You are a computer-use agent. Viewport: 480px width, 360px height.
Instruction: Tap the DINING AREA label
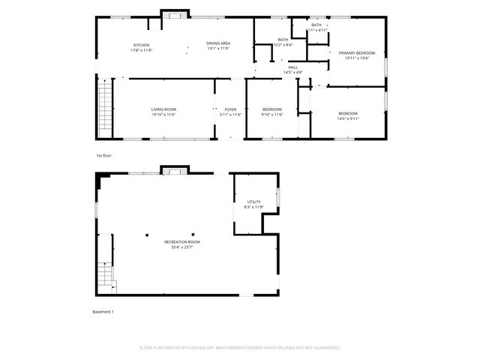218,43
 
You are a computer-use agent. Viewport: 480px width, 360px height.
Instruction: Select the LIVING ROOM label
163,109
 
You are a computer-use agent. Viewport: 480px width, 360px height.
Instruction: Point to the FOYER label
230,109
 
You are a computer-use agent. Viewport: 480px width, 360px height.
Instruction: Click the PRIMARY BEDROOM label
356,52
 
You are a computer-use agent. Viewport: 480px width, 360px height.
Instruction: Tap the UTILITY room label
254,202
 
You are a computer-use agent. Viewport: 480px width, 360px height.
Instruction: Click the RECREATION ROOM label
182,241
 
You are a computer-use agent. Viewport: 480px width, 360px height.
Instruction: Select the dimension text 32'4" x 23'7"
182,247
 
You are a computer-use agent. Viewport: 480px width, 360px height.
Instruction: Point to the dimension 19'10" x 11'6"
163,115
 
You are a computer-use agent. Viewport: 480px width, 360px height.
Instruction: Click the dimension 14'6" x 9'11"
348,118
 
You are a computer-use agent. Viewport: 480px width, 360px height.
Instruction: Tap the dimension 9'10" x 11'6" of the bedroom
271,115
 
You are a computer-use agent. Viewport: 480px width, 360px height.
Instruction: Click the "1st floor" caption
103,155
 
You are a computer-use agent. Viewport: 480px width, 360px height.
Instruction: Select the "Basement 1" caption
103,311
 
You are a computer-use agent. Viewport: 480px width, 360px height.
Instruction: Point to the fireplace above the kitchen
174,13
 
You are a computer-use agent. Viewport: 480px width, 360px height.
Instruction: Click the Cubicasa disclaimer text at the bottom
240,348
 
